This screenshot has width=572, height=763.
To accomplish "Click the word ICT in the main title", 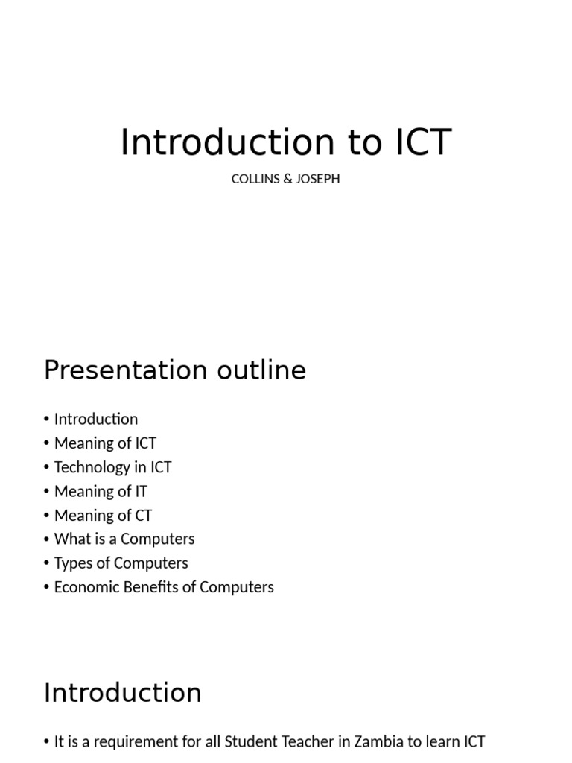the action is coord(424,142).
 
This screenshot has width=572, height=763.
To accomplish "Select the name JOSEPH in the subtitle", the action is coord(318,179).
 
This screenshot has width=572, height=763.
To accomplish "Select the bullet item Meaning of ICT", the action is coord(105,443).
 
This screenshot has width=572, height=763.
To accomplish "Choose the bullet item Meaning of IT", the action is coord(101,492).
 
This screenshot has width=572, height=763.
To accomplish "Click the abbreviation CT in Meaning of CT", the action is coord(144,516).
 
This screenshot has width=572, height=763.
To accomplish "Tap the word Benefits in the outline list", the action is coord(150,587).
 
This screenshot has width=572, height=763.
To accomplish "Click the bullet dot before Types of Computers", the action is coord(47,563).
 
